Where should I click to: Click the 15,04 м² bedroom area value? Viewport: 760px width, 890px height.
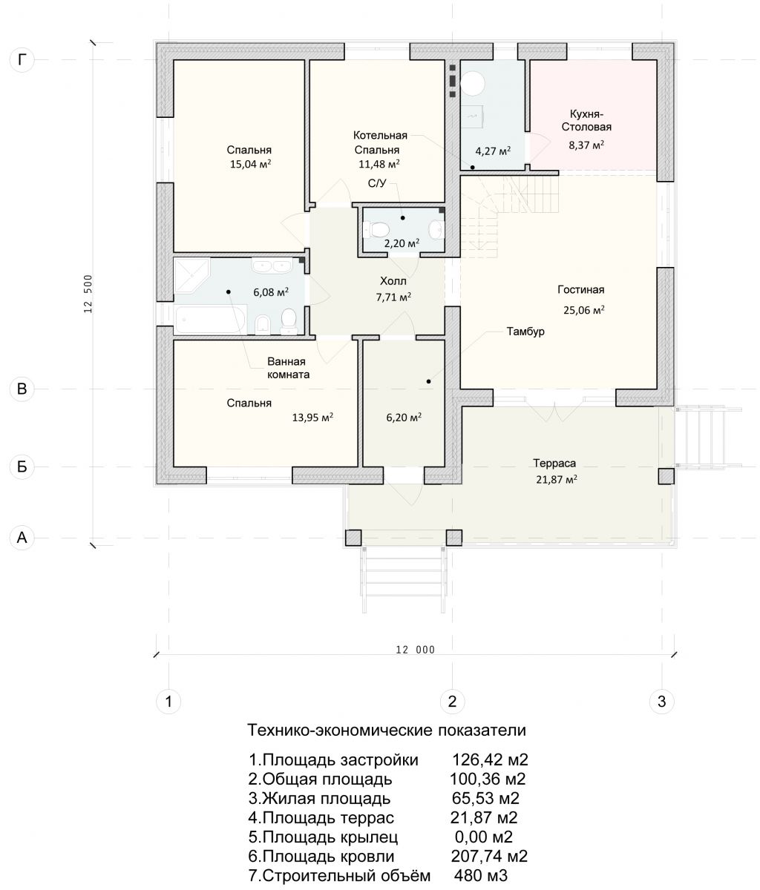[250, 164]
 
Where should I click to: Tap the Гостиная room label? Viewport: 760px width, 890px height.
[581, 289]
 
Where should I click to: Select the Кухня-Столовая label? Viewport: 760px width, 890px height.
[586, 120]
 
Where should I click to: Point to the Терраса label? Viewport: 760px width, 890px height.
[554, 464]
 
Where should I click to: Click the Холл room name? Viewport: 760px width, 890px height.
[393, 281]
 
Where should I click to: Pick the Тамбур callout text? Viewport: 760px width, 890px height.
[525, 332]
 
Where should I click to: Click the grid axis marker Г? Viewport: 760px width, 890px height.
[22, 60]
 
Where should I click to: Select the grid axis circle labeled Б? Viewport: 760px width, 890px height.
[22, 467]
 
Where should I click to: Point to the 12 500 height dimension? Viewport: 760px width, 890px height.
[88, 294]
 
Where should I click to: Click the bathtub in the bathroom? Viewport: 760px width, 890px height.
[211, 320]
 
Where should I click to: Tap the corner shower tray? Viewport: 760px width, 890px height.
[191, 274]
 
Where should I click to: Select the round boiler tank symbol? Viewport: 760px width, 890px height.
[473, 83]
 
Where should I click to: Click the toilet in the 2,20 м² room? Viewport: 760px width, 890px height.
[376, 229]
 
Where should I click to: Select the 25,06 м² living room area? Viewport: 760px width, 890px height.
[584, 310]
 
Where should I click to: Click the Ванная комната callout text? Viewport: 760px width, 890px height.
[288, 368]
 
